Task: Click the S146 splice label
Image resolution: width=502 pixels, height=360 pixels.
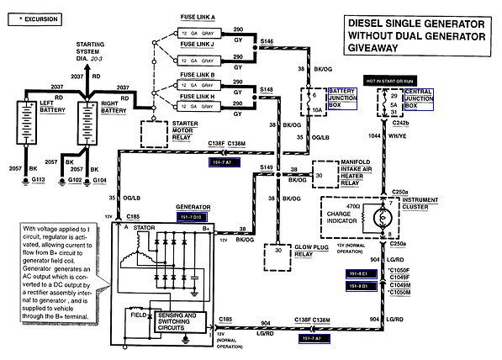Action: (x=267, y=40)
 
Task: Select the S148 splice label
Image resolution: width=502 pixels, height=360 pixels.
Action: (x=267, y=88)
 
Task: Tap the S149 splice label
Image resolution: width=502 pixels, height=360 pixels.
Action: (x=267, y=168)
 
